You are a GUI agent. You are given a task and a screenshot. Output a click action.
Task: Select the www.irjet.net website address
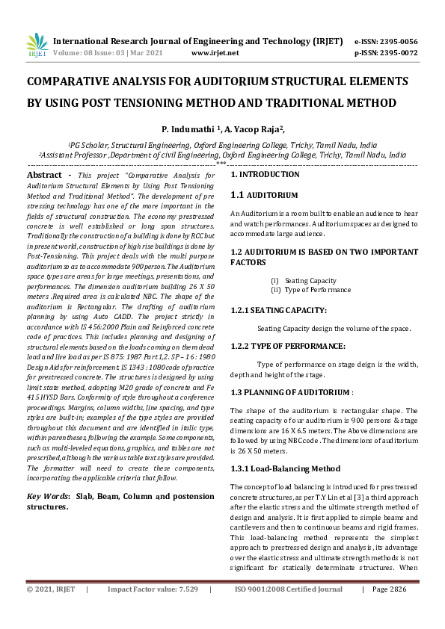215,53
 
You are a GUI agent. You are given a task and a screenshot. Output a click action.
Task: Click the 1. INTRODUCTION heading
265,174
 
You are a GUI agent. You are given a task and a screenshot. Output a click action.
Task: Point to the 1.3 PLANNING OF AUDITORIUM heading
290,392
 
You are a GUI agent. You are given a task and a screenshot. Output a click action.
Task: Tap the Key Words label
49,496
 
